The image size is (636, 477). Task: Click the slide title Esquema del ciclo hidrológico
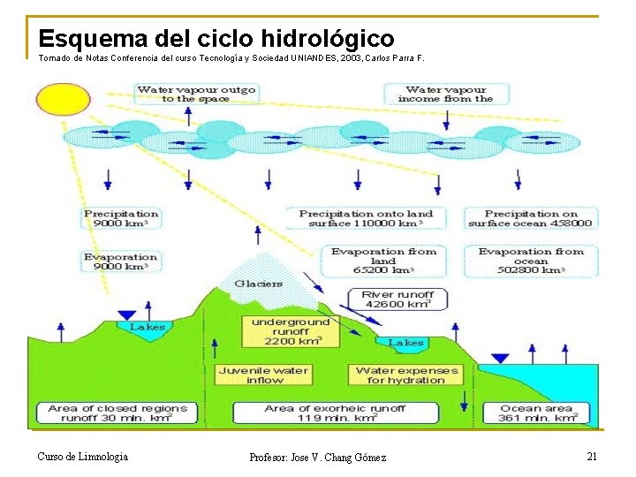(216, 39)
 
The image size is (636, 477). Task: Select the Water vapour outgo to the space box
(195, 94)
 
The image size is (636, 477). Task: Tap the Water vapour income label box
(446, 94)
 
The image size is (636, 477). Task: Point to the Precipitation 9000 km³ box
(121, 218)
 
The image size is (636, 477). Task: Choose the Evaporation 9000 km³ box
(121, 261)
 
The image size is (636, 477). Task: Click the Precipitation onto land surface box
(366, 218)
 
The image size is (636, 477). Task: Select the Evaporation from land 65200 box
(383, 261)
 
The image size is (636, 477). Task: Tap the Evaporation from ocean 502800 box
(531, 261)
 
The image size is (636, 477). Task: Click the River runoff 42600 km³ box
(397, 299)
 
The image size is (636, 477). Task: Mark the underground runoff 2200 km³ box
(290, 331)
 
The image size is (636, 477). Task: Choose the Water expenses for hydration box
(406, 375)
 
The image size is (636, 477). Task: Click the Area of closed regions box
(117, 413)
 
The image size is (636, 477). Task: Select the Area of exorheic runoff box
(335, 413)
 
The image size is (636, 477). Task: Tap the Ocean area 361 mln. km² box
(537, 413)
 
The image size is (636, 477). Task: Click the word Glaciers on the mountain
(258, 284)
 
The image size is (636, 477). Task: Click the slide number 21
(592, 456)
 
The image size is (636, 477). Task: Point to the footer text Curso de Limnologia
(82, 456)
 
